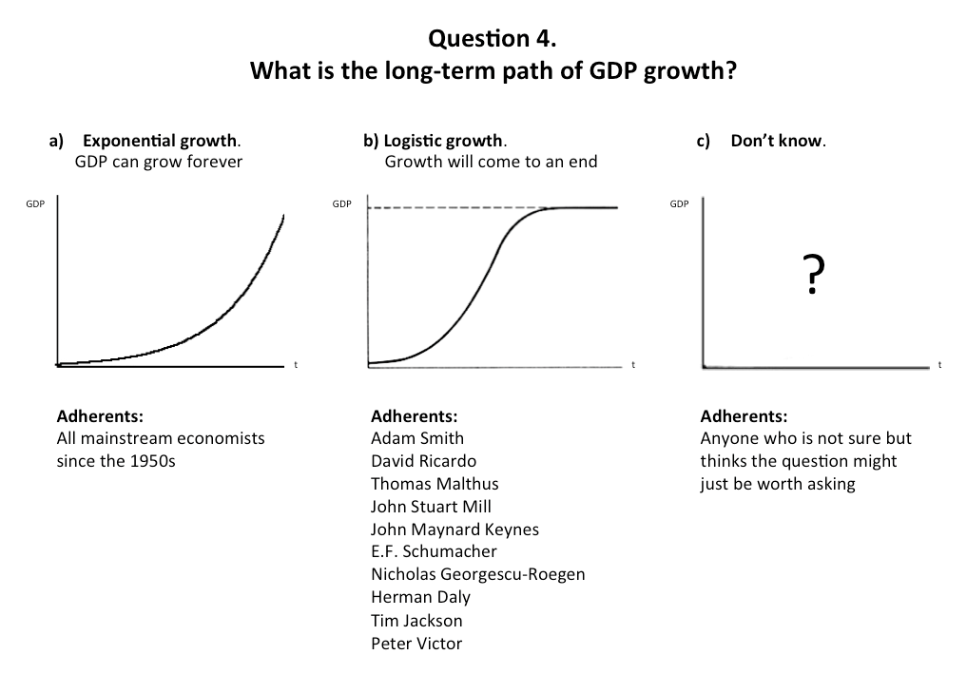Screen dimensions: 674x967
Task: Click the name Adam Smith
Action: pos(417,438)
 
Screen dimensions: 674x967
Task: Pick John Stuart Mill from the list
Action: pos(431,507)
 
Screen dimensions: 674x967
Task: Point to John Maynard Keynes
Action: pos(454,530)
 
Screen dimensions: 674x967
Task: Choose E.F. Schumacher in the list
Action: pos(434,551)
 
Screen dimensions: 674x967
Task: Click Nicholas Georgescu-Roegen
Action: pos(478,574)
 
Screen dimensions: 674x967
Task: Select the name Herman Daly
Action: pos(420,597)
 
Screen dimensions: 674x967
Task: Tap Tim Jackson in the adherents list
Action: pos(416,621)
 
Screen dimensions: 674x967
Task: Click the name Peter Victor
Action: pos(416,644)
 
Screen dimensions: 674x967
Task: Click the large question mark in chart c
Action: pos(810,277)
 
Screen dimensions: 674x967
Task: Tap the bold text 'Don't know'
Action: pos(777,142)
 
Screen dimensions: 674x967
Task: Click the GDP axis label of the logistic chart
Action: pos(341,203)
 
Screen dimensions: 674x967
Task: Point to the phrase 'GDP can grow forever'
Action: pos(158,162)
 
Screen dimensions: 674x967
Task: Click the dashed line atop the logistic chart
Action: pos(447,208)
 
